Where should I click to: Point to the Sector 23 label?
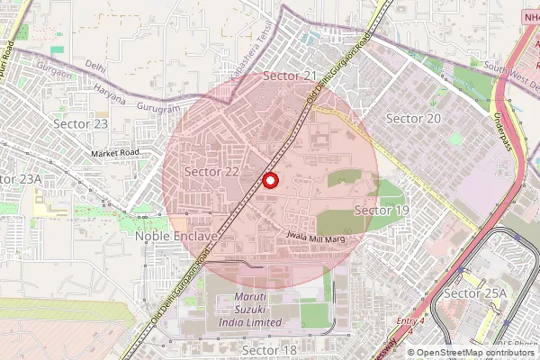point(81,123)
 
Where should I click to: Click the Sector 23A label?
point(20,179)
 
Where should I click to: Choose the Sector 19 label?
point(382,210)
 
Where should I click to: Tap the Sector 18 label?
point(269,349)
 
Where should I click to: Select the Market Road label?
point(115,154)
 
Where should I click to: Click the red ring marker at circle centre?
point(269,181)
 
